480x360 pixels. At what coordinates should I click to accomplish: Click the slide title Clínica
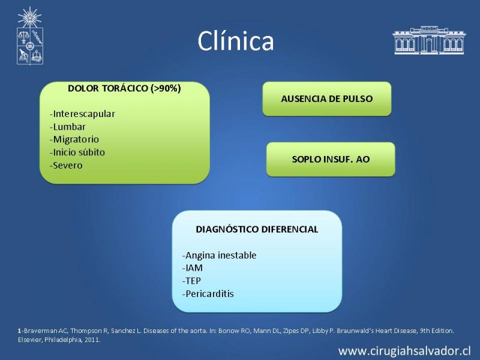tap(236, 41)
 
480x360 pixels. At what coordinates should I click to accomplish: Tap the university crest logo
tap(29, 36)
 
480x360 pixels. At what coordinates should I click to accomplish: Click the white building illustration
tap(429, 40)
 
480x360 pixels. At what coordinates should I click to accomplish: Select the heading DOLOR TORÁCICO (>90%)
tap(124, 88)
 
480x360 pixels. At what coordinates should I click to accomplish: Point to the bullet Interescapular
tap(82, 114)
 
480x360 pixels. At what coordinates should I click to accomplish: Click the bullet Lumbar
tap(68, 127)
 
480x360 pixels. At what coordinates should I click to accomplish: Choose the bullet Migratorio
tap(74, 140)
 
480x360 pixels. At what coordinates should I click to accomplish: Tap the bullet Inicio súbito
tap(77, 152)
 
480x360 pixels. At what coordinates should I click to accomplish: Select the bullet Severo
tap(66, 166)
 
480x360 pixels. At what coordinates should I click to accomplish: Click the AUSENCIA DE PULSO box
tap(327, 98)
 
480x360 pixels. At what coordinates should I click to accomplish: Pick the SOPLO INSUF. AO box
tap(331, 159)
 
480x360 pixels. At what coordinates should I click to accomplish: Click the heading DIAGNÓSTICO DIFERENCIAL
tap(257, 229)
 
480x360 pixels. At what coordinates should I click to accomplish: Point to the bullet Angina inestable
tap(219, 255)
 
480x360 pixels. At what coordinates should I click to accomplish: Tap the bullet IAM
tap(192, 268)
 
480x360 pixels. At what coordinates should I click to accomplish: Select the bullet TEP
tap(191, 281)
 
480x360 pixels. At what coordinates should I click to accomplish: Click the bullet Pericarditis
tap(208, 294)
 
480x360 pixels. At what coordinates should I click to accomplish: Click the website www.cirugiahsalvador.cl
tap(404, 351)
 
